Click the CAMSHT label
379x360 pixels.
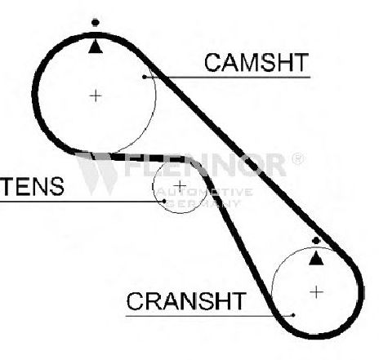[256, 63]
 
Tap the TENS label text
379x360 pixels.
[32, 186]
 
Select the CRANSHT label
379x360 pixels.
[186, 301]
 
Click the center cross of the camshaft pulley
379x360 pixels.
[96, 96]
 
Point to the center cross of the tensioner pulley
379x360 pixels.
[180, 186]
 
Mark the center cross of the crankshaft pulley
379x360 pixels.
[316, 292]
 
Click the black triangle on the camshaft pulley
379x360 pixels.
[96, 47]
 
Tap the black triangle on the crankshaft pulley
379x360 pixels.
[316, 258]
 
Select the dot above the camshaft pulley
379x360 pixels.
[96, 23]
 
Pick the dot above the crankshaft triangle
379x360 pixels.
[316, 241]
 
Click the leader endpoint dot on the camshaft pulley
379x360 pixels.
[145, 78]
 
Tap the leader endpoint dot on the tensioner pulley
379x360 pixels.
[164, 202]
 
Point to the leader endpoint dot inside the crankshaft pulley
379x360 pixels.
[293, 316]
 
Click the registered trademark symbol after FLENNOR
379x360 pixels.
[298, 159]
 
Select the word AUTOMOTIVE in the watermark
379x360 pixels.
[205, 193]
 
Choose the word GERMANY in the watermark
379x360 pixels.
[204, 203]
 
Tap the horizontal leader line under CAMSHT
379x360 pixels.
[227, 78]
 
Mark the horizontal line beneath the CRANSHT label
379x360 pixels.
[209, 316]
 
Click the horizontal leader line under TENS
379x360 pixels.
[82, 202]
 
